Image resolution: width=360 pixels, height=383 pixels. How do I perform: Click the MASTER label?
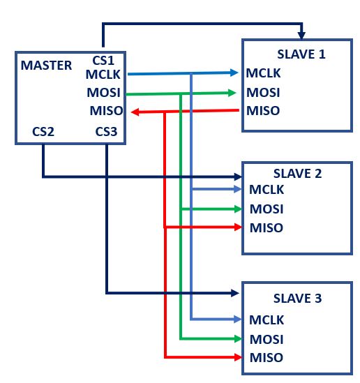point(46,66)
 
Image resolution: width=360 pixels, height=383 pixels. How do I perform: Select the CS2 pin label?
point(43,131)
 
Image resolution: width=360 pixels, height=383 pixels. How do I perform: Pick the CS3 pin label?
point(107,131)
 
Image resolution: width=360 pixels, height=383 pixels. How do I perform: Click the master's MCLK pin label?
point(104,74)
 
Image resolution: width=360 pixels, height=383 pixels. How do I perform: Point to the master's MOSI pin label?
point(105,92)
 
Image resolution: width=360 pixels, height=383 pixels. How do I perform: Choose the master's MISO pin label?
point(106,110)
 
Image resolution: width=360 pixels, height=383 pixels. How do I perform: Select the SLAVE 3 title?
point(299,299)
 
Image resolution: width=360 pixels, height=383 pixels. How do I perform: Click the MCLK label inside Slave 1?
point(263,73)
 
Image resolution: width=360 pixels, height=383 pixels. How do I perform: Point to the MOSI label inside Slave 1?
point(263,91)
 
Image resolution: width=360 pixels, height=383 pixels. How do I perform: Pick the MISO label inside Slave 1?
point(263,110)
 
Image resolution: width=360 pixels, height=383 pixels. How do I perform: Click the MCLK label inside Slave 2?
point(267,189)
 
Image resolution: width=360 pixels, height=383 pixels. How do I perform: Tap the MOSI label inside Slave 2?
point(267,209)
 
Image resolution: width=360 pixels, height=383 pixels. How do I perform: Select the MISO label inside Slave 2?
point(267,227)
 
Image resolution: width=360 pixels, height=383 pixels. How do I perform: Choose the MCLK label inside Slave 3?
point(267,320)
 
